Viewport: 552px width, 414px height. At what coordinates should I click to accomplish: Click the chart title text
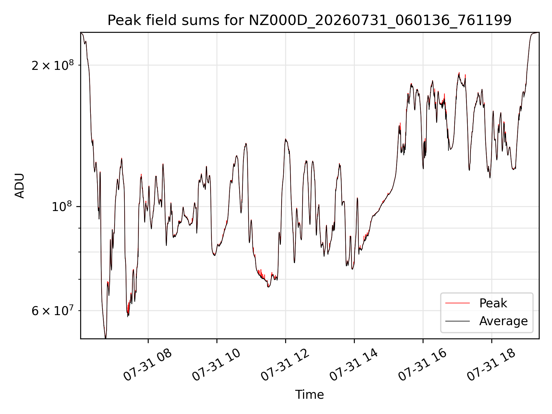(x=309, y=20)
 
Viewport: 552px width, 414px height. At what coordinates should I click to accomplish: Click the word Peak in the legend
(x=493, y=303)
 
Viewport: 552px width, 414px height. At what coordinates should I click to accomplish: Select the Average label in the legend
(x=503, y=321)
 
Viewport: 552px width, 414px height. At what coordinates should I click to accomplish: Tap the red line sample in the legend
(x=457, y=303)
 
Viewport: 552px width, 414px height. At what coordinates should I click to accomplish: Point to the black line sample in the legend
(x=457, y=321)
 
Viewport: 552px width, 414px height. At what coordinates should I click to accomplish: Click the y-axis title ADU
(x=20, y=186)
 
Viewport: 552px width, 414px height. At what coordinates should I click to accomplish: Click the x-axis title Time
(x=309, y=395)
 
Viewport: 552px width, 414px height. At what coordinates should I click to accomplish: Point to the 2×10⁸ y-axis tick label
(x=53, y=65)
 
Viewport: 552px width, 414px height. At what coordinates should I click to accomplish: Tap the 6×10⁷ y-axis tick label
(x=53, y=310)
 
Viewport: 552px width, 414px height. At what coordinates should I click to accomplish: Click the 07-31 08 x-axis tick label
(x=148, y=365)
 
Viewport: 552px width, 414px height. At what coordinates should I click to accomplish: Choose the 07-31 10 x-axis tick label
(x=216, y=365)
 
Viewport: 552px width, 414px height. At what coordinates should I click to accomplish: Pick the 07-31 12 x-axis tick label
(x=285, y=365)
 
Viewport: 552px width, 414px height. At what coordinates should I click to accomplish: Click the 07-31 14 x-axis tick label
(x=354, y=365)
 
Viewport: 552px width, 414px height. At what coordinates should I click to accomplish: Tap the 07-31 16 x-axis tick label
(x=423, y=365)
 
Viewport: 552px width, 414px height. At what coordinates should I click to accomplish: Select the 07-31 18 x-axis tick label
(x=491, y=365)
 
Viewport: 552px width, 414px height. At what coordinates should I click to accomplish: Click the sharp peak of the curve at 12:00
(x=285, y=139)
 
